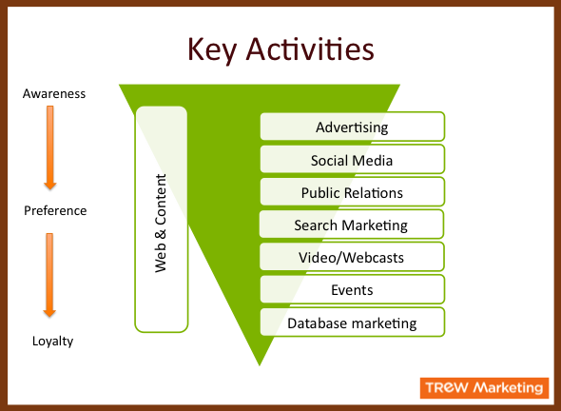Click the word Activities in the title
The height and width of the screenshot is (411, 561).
coord(310,49)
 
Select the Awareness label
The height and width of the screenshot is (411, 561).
coord(54,94)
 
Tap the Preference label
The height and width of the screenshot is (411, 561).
coord(55,210)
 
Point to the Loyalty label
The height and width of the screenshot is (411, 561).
coord(52,341)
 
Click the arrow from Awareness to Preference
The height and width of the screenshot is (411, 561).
coord(50,147)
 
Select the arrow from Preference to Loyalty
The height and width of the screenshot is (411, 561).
coord(49,275)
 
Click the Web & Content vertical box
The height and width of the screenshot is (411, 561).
coord(162,219)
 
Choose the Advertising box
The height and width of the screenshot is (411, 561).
coord(352,127)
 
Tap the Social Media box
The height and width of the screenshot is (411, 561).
coord(352,159)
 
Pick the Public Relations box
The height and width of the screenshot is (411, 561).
coord(352,192)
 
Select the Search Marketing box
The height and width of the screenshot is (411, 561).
coord(352,225)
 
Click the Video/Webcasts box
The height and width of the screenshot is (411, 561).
coord(352,257)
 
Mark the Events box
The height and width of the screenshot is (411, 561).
coord(352,289)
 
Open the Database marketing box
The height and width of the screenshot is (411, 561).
coord(352,323)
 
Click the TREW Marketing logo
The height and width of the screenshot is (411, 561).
coord(484,388)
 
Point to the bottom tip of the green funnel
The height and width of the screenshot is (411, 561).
coord(260,365)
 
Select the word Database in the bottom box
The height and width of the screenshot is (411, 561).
coord(311,323)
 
